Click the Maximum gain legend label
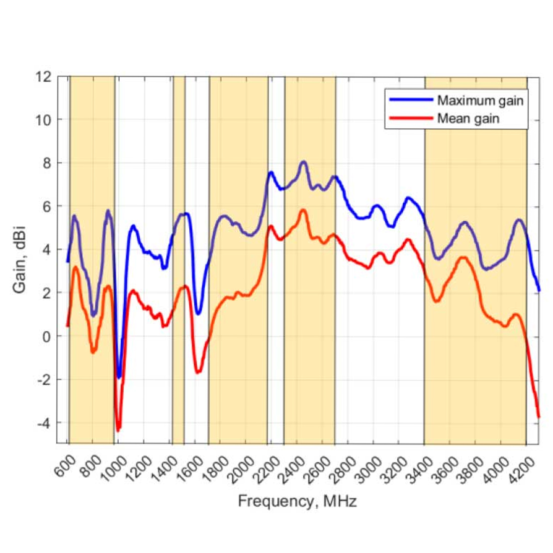480,101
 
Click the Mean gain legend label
468,119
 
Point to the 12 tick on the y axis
44,76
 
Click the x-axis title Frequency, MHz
297,501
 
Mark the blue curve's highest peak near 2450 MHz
303,162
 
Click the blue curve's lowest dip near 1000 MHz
119,377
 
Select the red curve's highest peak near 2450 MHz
303,210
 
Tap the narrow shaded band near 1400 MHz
178,251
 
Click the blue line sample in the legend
410,101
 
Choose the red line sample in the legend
410,119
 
